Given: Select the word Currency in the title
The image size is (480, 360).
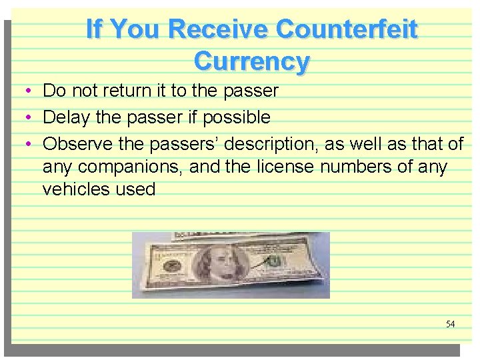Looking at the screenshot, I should coord(251,61).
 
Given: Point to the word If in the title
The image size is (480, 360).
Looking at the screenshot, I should coord(94,29).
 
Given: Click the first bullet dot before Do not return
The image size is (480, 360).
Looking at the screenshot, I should coord(22,91).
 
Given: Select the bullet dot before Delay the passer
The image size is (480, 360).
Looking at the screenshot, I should coord(22,118).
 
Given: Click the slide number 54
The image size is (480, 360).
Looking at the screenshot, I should coord(450,324).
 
